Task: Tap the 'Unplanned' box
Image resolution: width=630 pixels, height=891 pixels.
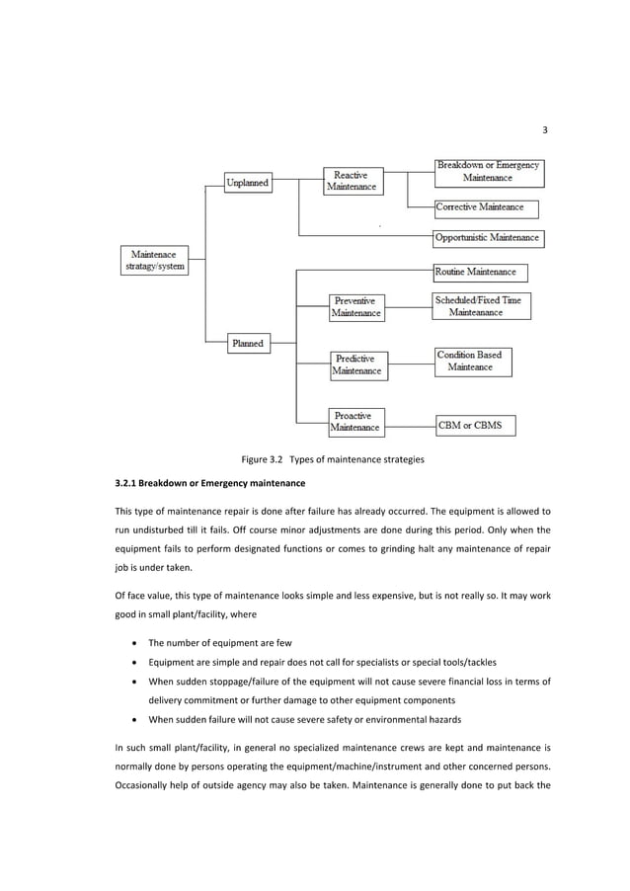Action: [248, 184]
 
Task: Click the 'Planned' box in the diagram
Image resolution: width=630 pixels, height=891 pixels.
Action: [247, 343]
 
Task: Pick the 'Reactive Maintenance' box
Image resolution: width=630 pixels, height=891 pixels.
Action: [352, 181]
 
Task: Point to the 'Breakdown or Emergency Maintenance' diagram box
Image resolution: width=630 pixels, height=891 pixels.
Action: [488, 172]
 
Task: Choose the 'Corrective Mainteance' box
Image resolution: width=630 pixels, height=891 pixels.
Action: [487, 207]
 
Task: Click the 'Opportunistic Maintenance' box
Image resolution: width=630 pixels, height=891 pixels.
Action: [488, 238]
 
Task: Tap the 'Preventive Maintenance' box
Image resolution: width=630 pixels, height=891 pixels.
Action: [357, 306]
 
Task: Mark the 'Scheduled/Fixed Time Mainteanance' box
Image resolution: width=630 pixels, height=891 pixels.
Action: [482, 305]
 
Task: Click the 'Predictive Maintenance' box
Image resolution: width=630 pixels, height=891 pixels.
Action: [358, 364]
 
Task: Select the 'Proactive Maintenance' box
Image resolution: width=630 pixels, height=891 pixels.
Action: [355, 422]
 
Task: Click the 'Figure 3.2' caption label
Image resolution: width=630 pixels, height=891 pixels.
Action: [262, 458]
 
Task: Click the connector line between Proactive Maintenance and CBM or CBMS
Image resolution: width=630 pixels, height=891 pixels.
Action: [409, 426]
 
